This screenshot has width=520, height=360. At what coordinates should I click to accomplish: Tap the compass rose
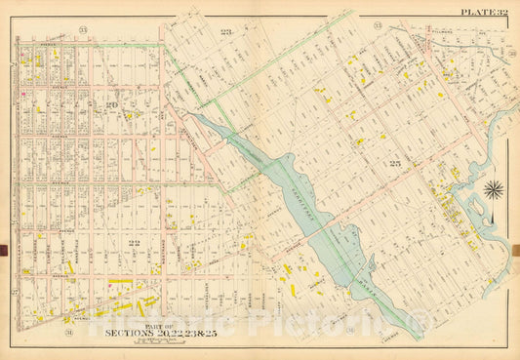tap(495, 189)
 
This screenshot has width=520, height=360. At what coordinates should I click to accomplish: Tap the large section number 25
tap(395, 162)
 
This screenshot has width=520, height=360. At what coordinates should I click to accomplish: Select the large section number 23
tap(227, 36)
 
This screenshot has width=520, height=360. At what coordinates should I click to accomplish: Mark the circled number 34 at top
tap(378, 21)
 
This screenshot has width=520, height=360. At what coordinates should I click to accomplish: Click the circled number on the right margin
tap(511, 53)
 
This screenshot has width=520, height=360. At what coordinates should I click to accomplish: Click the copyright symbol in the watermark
tap(421, 319)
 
